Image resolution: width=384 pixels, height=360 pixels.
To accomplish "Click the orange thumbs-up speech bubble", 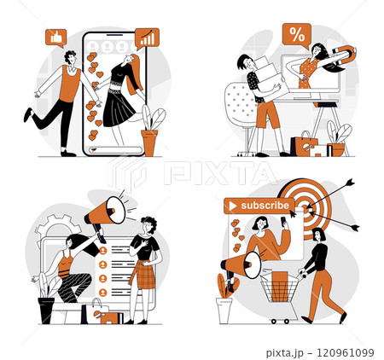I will (56, 38).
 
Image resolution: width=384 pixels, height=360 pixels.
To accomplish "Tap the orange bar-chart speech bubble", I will (147, 38).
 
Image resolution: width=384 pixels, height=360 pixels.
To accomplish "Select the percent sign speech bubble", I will (296, 36).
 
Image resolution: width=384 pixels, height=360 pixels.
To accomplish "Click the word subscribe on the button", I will (265, 206).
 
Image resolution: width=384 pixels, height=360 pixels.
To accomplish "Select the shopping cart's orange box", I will (279, 281).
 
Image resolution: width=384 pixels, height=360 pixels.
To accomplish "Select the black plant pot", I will (46, 309).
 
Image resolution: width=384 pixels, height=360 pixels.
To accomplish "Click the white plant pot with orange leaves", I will (224, 310).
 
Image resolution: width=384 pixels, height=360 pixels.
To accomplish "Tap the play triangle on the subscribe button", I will (230, 206).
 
